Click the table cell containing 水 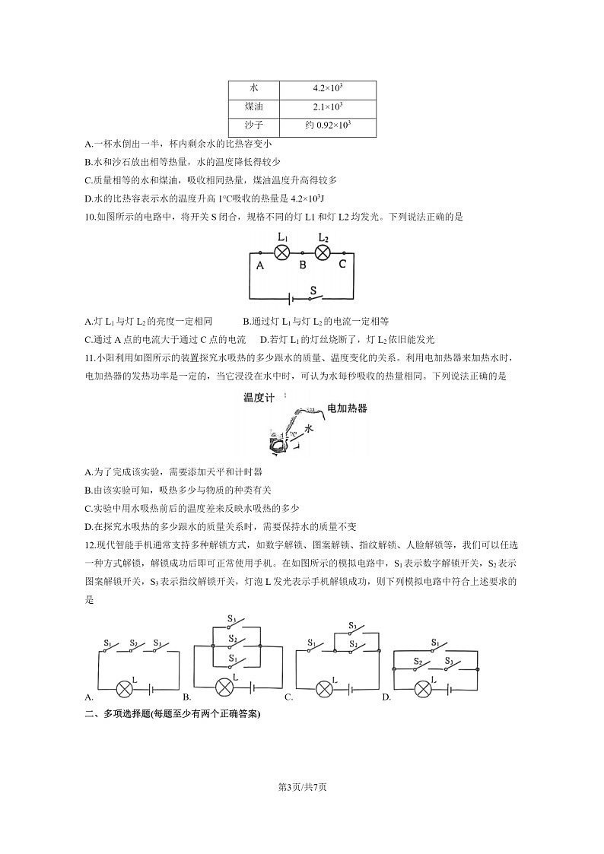pyautogui.click(x=253, y=89)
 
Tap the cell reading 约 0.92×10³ pyautogui.click(x=327, y=125)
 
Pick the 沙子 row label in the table pyautogui.click(x=253, y=125)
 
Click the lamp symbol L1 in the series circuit pyautogui.click(x=281, y=252)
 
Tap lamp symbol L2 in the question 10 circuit pyautogui.click(x=323, y=252)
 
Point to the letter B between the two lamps pyautogui.click(x=302, y=265)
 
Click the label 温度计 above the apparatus pyautogui.click(x=259, y=398)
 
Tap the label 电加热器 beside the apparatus pyautogui.click(x=347, y=409)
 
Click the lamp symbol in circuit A pyautogui.click(x=126, y=689)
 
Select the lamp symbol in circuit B pyautogui.click(x=224, y=687)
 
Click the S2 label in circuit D pyautogui.click(x=418, y=662)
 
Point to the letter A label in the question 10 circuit pyautogui.click(x=259, y=266)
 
